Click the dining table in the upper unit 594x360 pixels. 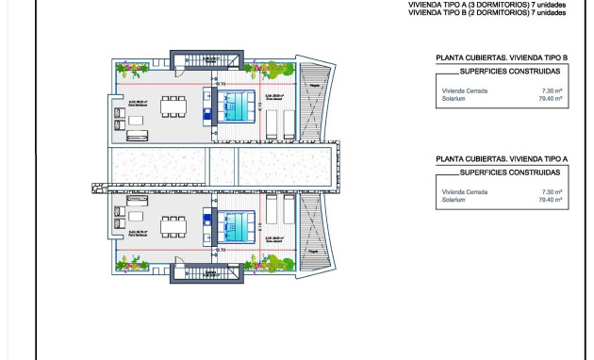pos(173,105)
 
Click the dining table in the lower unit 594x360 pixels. pos(173,225)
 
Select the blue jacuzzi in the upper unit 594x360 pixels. pos(239,106)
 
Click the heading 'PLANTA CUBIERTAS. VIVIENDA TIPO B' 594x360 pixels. pos(502,58)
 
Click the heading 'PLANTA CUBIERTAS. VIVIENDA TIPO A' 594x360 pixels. pos(502,160)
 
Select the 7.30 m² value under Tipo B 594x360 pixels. pos(552,90)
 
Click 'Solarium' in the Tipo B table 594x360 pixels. pos(453,98)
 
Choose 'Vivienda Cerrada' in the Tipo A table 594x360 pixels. pos(461,192)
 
